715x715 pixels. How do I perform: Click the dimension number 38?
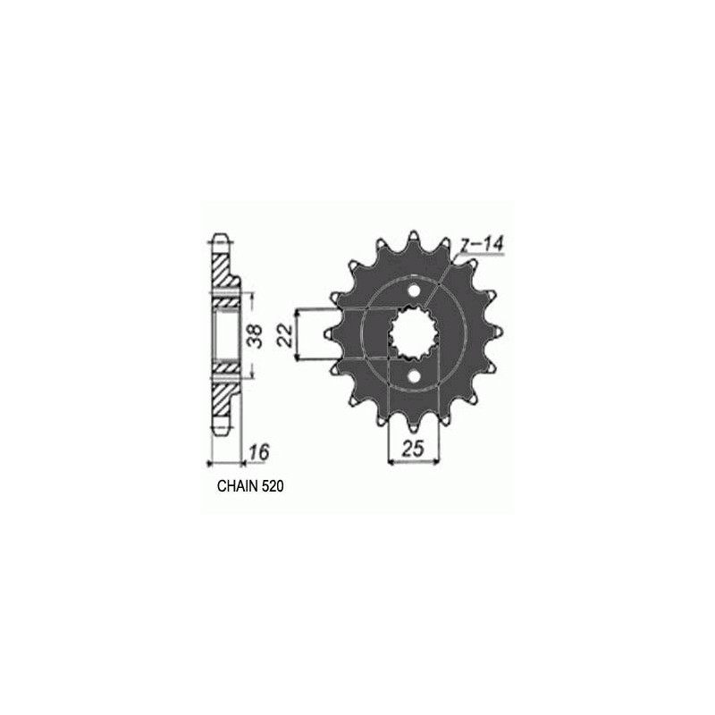257,336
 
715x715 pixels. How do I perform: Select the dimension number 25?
413,449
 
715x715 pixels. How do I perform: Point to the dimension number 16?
259,452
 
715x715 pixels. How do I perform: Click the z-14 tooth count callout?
481,245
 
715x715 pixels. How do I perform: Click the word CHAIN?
238,486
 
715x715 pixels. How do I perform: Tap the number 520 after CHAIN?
273,486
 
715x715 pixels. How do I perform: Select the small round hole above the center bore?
414,290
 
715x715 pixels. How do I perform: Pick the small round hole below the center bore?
414,376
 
